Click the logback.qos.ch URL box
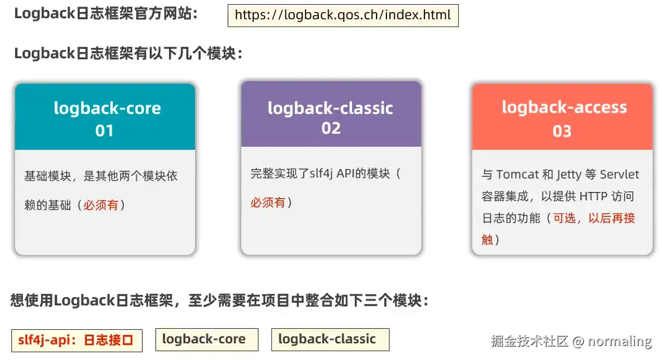(x=343, y=16)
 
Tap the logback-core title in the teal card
(x=107, y=108)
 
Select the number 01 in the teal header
(x=105, y=131)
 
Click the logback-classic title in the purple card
(x=330, y=108)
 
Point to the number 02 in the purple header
(x=331, y=128)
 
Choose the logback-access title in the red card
(x=564, y=107)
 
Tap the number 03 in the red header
(x=562, y=131)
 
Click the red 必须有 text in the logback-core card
(x=101, y=205)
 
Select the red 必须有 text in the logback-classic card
(x=268, y=202)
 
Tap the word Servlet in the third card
(x=619, y=174)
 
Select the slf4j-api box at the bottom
(x=77, y=341)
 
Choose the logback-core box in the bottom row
(x=207, y=340)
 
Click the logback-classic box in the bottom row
(x=330, y=340)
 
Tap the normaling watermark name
(x=619, y=341)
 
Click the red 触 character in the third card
(x=487, y=240)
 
